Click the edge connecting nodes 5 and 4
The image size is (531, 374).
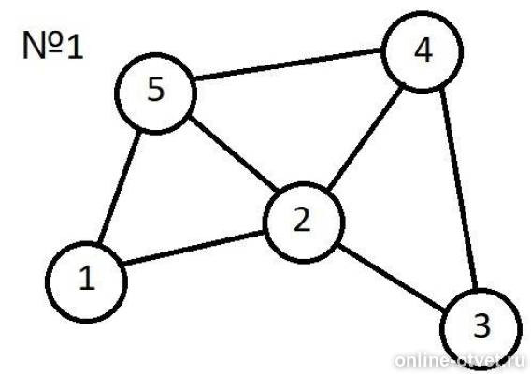pyautogui.click(x=288, y=65)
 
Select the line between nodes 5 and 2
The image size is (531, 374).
pyautogui.click(x=233, y=153)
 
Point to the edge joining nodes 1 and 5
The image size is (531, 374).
pyautogui.click(x=119, y=187)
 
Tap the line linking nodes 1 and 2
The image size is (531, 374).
pyautogui.click(x=193, y=248)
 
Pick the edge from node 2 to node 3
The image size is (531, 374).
pyautogui.click(x=391, y=277)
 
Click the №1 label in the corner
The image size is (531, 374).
pyautogui.click(x=53, y=45)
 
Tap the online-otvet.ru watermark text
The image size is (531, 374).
pyautogui.click(x=461, y=360)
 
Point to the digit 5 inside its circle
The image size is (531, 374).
pyautogui.click(x=156, y=89)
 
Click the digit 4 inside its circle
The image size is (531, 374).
pyautogui.click(x=423, y=51)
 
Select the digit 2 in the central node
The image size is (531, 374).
pyautogui.click(x=302, y=221)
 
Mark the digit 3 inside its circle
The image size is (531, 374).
pyautogui.click(x=481, y=325)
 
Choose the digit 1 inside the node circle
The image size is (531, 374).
pyautogui.click(x=87, y=278)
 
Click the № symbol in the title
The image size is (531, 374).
pyautogui.click(x=43, y=45)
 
